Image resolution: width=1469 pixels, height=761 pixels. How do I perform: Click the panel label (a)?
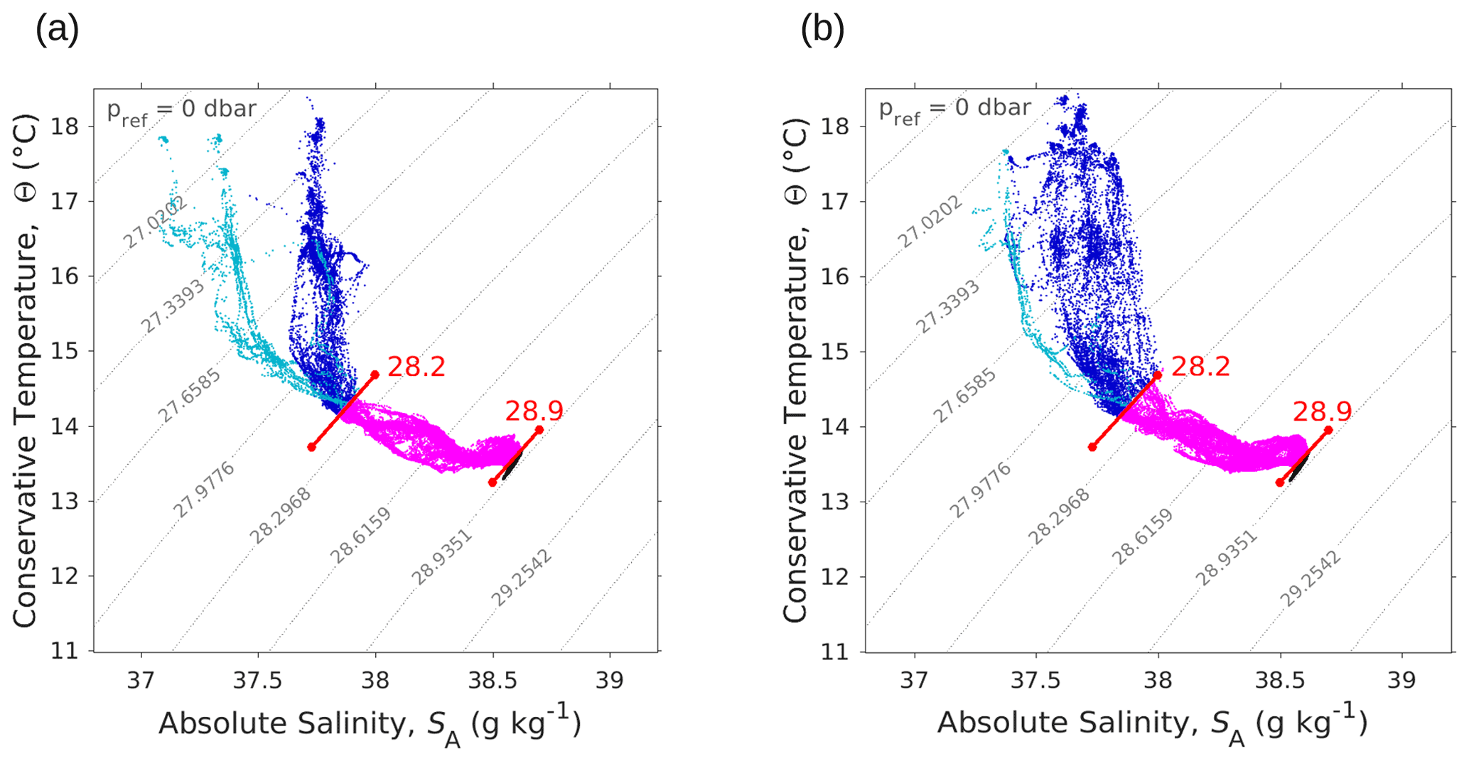pyautogui.click(x=57, y=30)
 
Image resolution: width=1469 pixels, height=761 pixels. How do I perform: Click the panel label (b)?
pyautogui.click(x=822, y=30)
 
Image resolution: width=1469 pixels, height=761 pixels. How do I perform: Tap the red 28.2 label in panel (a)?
pyautogui.click(x=416, y=367)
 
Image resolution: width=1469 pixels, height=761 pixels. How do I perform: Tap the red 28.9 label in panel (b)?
pyautogui.click(x=1322, y=411)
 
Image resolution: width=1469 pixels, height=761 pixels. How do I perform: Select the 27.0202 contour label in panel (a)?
pyautogui.click(x=155, y=222)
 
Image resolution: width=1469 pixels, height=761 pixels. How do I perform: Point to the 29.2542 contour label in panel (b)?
pyautogui.click(x=1311, y=578)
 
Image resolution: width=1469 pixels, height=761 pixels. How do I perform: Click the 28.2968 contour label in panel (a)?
pyautogui.click(x=280, y=516)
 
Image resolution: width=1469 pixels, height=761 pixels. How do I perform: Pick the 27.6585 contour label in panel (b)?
pyautogui.click(x=964, y=396)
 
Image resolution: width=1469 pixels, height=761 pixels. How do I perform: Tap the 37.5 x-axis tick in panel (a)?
pyautogui.click(x=258, y=681)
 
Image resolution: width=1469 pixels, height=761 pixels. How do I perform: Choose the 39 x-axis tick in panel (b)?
pyautogui.click(x=1401, y=681)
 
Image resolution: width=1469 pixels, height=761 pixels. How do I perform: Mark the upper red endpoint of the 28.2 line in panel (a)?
pyautogui.click(x=375, y=374)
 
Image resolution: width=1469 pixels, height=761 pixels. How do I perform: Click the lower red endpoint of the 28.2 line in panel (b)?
pyautogui.click(x=1092, y=447)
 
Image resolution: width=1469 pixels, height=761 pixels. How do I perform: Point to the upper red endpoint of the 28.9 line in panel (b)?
pyautogui.click(x=1328, y=430)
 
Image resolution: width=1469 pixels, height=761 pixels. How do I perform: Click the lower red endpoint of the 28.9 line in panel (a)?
pyautogui.click(x=493, y=482)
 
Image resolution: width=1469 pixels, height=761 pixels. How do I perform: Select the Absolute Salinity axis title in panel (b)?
pyautogui.click(x=1151, y=724)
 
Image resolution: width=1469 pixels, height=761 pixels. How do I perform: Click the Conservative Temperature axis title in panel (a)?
pyautogui.click(x=25, y=369)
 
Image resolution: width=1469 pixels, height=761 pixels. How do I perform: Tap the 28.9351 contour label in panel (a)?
pyautogui.click(x=441, y=557)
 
